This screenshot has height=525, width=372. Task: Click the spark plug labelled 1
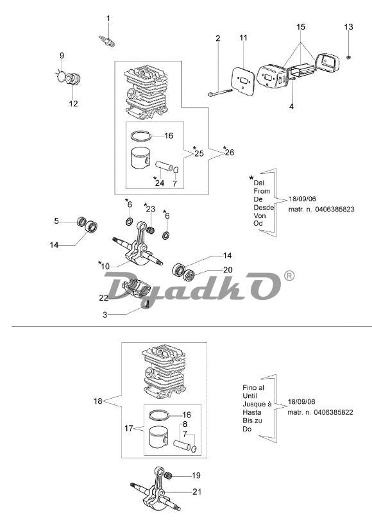[107, 41]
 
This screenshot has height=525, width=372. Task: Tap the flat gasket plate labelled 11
[244, 81]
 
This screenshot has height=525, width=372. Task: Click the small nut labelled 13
[349, 58]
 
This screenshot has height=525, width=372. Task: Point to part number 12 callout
[73, 103]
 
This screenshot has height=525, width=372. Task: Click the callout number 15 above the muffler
[301, 26]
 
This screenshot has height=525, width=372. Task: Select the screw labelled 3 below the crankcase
[147, 304]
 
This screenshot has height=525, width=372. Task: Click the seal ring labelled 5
[81, 222]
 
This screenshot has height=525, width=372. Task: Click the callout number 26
[230, 153]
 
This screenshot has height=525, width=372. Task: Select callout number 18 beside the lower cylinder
[98, 401]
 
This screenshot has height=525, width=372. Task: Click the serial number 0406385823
[334, 209]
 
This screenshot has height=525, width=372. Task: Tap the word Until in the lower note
[249, 396]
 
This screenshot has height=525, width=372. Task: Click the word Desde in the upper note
[264, 207]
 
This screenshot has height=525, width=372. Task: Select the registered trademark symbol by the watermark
[289, 275]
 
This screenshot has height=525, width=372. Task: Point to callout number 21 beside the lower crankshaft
[197, 492]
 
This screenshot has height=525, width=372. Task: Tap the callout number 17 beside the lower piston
[129, 428]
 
